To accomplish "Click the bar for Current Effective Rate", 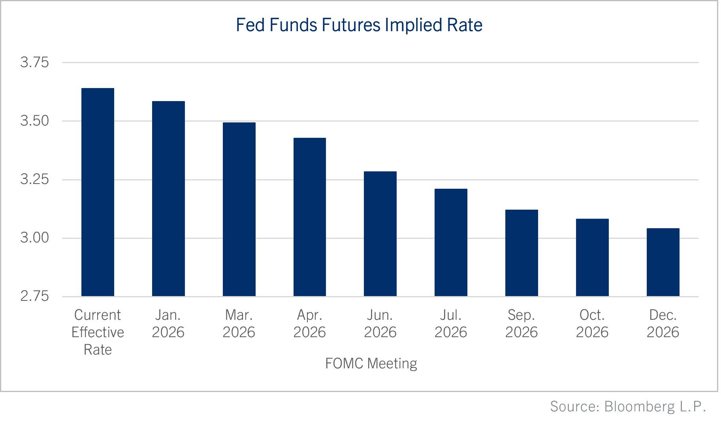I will tap(98, 192).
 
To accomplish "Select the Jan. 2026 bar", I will tap(168, 199).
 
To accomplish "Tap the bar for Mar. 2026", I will tap(239, 209).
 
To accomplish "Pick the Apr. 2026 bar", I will tap(310, 217).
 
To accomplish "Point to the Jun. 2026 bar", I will tap(380, 234).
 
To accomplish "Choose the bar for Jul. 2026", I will tap(451, 242).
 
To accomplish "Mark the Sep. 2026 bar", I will tap(521, 253).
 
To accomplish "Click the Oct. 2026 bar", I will tap(592, 257).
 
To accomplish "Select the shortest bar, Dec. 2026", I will tap(663, 262).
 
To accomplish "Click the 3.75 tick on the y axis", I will tap(34, 62).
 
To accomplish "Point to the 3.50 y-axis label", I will tap(34, 121).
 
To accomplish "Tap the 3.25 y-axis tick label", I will tap(34, 179).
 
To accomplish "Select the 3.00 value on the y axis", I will tap(34, 238).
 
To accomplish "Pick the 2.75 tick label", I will tap(34, 296).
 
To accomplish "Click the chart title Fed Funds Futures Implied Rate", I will tap(359, 25).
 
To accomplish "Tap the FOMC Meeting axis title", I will tap(371, 363).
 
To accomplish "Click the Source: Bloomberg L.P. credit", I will tap(628, 406).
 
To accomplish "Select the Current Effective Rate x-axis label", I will tap(98, 332).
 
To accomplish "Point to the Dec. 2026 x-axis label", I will tap(663, 323).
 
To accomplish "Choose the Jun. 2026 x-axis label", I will tap(380, 323).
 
